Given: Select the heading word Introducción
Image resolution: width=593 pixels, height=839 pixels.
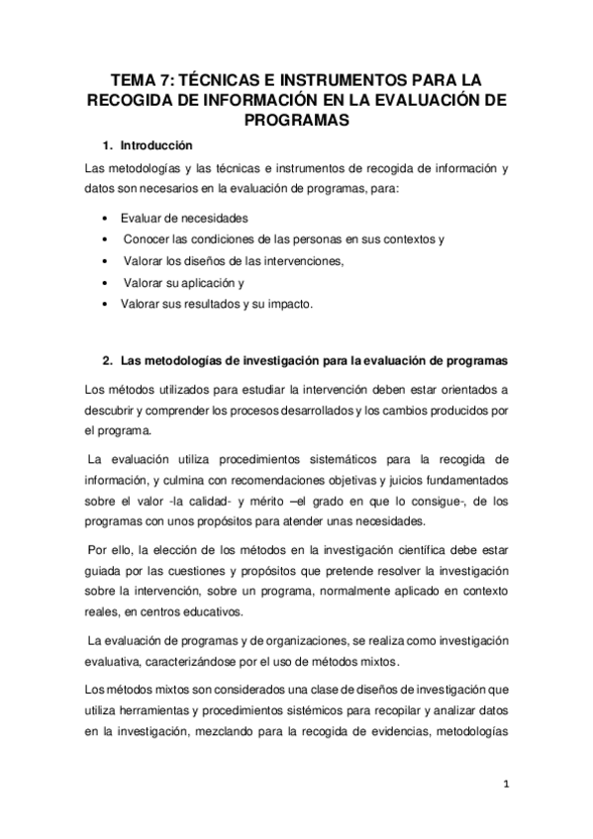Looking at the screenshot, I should point(156,144).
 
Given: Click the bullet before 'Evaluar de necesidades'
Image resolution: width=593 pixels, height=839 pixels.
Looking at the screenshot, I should point(106,218).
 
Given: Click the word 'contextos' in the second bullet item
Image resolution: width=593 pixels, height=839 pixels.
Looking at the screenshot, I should point(406,239).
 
